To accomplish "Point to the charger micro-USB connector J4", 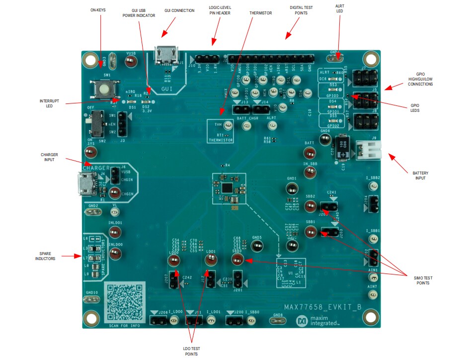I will tap(87, 184).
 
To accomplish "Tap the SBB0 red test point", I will tap(237, 261).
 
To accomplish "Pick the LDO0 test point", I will tap(174, 262).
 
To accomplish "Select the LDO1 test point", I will tap(210, 261).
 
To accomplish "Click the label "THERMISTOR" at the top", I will tap(260, 13).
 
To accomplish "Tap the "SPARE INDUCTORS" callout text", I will tap(45, 255).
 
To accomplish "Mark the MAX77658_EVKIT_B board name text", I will tap(322, 308).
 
